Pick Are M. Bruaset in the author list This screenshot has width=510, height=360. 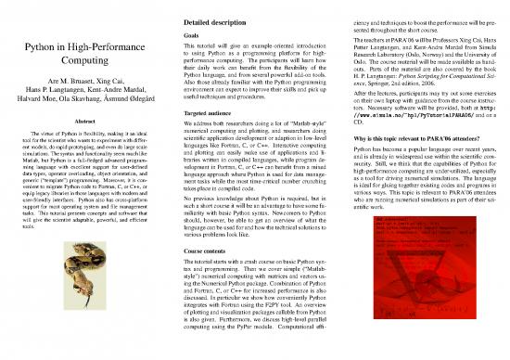pos(70,84)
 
